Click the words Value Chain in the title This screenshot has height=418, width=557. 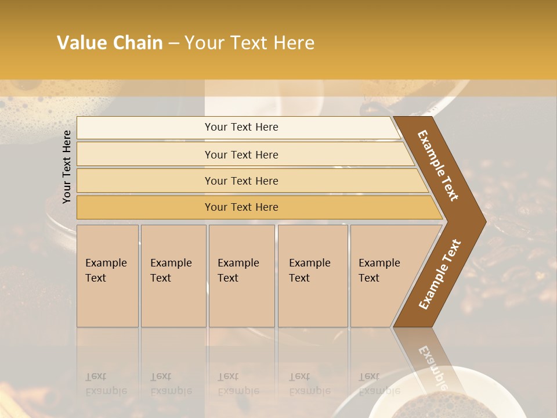coord(110,43)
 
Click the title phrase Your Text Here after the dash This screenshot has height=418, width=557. coord(249,43)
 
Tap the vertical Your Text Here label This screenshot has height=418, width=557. coord(67,167)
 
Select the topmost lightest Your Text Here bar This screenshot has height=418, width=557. coord(241,127)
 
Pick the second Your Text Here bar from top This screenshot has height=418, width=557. coord(241,154)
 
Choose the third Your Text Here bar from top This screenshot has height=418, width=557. coord(241,181)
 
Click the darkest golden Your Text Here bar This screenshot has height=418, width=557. coord(241,207)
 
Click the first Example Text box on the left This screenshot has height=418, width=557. coord(107,276)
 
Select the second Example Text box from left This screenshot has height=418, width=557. coord(173,276)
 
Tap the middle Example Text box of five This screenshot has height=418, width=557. coord(241,276)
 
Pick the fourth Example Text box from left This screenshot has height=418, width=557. coord(313,276)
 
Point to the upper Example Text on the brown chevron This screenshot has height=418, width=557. coord(438,165)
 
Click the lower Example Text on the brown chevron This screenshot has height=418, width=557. coord(439,275)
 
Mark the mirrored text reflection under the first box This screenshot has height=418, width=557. coord(106,384)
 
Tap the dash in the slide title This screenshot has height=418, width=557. coord(173,44)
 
